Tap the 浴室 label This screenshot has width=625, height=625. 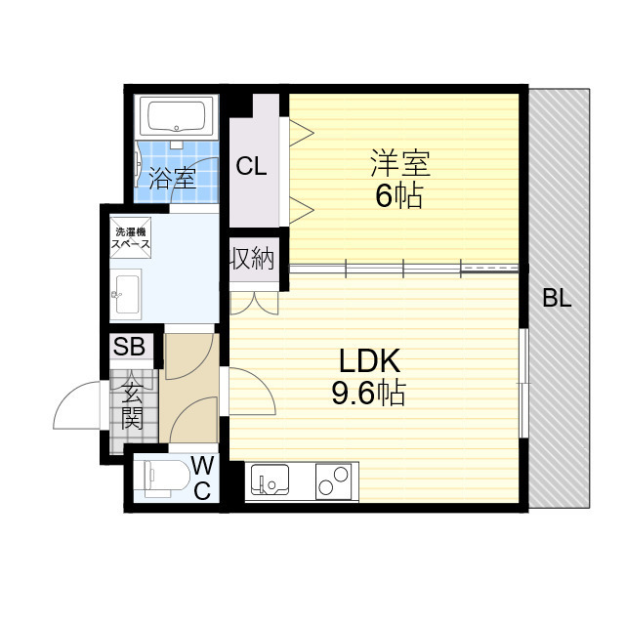click(x=173, y=179)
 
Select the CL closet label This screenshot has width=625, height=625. click(x=251, y=167)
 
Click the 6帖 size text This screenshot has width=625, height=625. click(x=398, y=196)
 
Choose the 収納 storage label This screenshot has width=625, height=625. click(x=253, y=260)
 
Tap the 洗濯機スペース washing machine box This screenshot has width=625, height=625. click(x=130, y=239)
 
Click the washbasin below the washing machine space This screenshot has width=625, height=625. click(x=126, y=293)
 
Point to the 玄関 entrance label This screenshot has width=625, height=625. click(x=132, y=405)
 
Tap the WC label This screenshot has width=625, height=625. click(x=202, y=477)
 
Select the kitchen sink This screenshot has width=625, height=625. click(x=270, y=480)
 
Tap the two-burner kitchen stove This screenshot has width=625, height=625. click(x=334, y=480)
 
